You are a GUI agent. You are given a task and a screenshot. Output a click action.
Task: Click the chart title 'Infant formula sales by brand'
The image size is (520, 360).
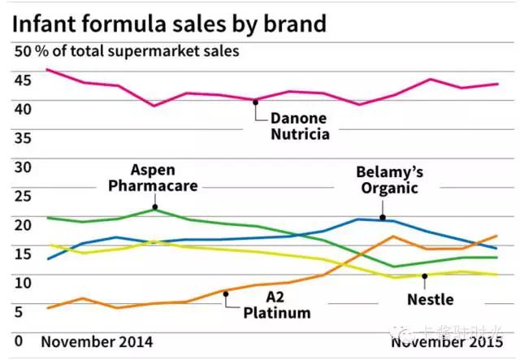click(x=169, y=22)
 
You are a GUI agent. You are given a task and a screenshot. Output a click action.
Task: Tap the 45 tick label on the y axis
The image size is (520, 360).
click(x=23, y=80)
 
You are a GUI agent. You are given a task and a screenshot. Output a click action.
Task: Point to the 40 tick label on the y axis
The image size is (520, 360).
click(x=23, y=108)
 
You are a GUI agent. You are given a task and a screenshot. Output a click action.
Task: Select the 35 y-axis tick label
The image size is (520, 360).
click(x=23, y=137)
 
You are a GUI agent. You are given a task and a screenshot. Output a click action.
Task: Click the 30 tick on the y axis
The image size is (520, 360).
click(x=23, y=167)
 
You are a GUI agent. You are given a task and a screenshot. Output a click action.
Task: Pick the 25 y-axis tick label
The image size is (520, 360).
click(x=23, y=195)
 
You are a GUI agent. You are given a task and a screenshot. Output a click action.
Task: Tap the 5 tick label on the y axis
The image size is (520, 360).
click(x=19, y=310)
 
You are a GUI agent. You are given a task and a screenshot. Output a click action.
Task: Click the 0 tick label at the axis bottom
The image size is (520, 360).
click(x=19, y=341)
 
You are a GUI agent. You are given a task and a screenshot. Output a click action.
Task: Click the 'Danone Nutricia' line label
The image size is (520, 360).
click(x=300, y=125)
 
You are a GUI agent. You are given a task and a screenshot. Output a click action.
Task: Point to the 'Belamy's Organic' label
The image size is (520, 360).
click(x=389, y=180)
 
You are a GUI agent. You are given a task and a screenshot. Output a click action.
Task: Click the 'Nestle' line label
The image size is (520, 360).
click(x=430, y=299)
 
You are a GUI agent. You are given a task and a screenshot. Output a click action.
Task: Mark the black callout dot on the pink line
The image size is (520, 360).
click(x=255, y=102)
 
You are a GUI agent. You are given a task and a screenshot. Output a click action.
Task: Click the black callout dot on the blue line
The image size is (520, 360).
click(x=383, y=217)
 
